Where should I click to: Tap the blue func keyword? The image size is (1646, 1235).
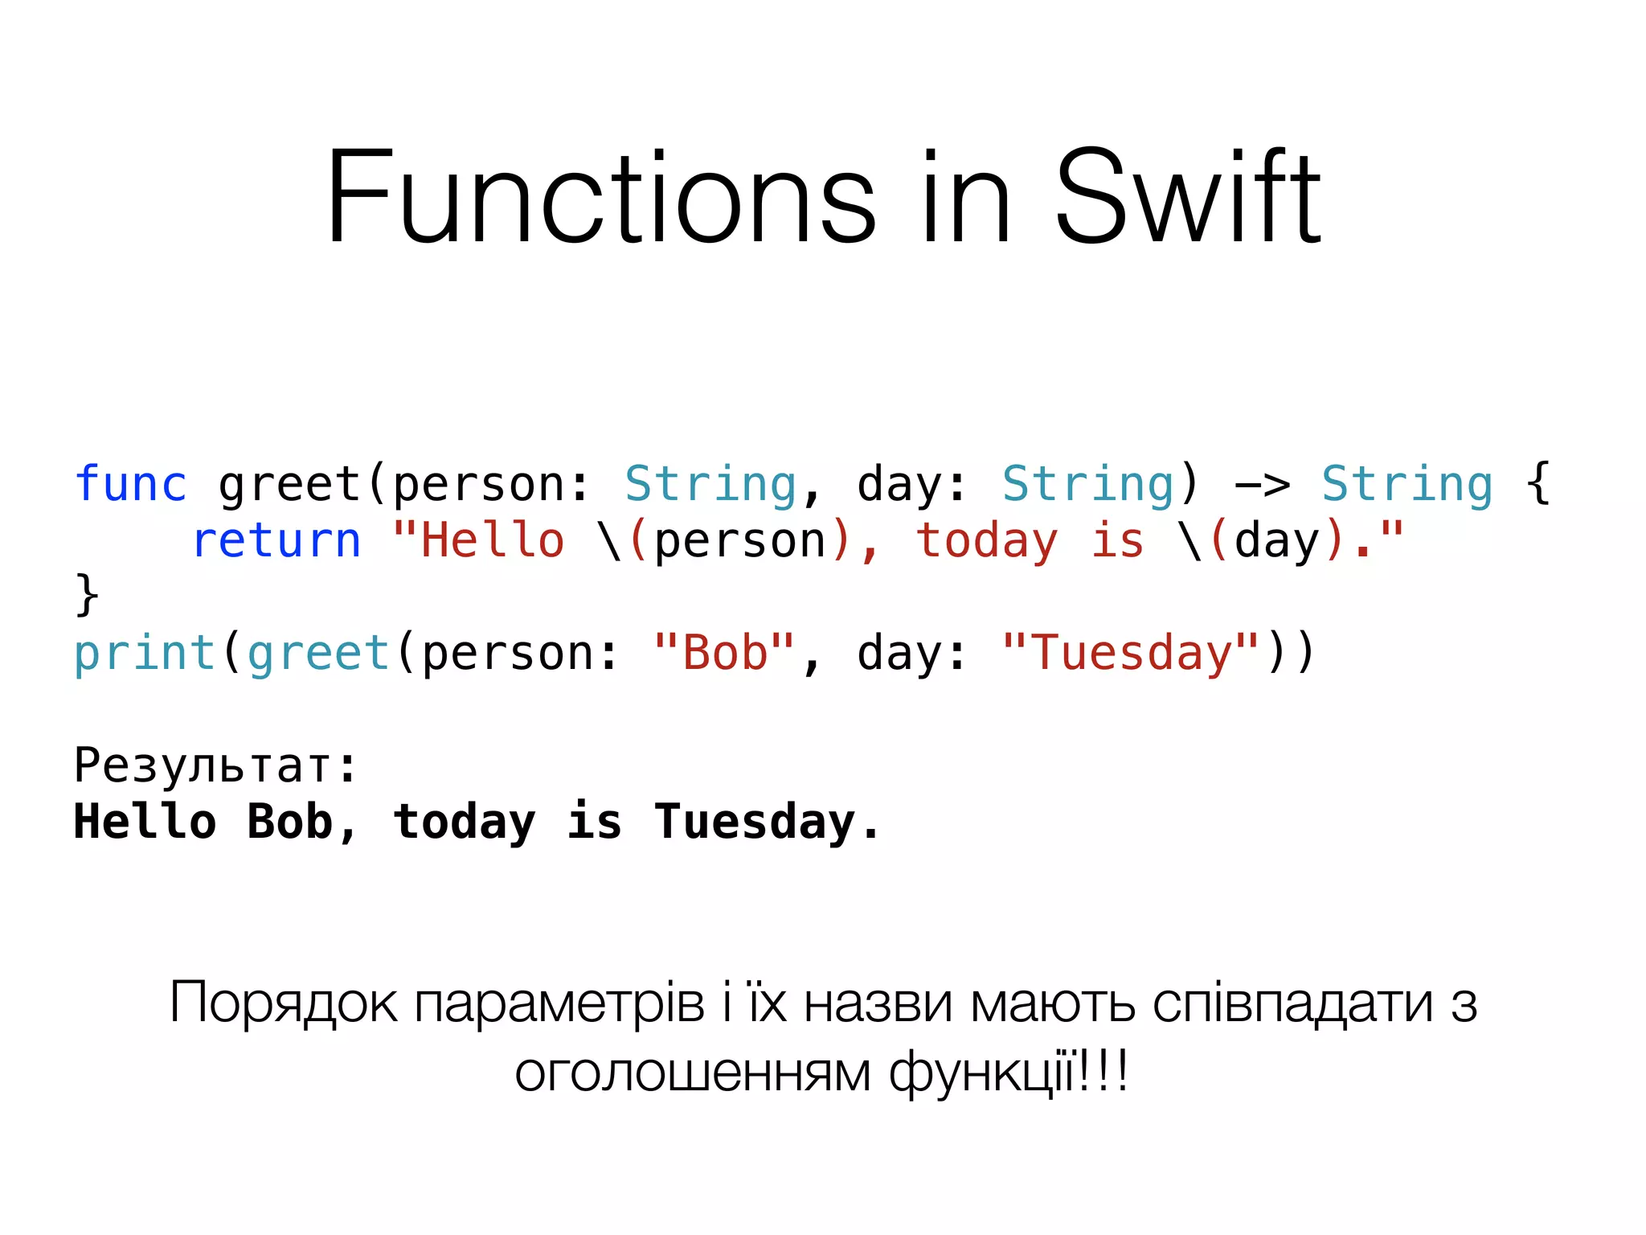pos(130,485)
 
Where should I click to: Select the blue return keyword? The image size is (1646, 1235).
pos(276,540)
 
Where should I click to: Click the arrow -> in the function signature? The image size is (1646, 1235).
pos(1262,485)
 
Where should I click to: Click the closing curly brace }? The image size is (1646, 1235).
pos(87,595)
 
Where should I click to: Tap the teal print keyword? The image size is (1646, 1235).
pos(145,653)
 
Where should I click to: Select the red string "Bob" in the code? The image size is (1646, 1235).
pos(724,652)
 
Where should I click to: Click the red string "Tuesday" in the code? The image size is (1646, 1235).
pos(1130,652)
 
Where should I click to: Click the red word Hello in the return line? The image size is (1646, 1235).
pos(492,540)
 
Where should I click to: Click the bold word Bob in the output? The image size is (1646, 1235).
pos(290,822)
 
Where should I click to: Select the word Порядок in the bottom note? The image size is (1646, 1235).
pos(283,1003)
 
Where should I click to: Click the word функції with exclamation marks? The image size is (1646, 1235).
pos(1008,1073)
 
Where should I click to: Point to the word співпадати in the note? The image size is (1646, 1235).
pos(1292,1003)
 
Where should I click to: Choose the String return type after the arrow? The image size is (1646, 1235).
pos(1407,485)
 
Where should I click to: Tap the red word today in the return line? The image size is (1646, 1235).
pos(987,540)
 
